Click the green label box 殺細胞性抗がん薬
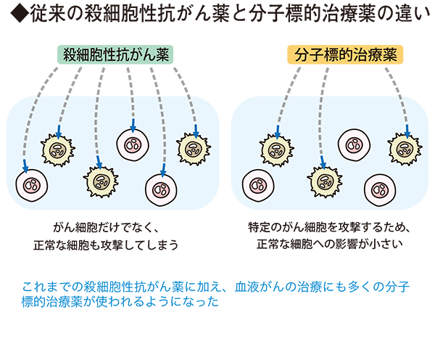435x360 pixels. pos(117,53)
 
